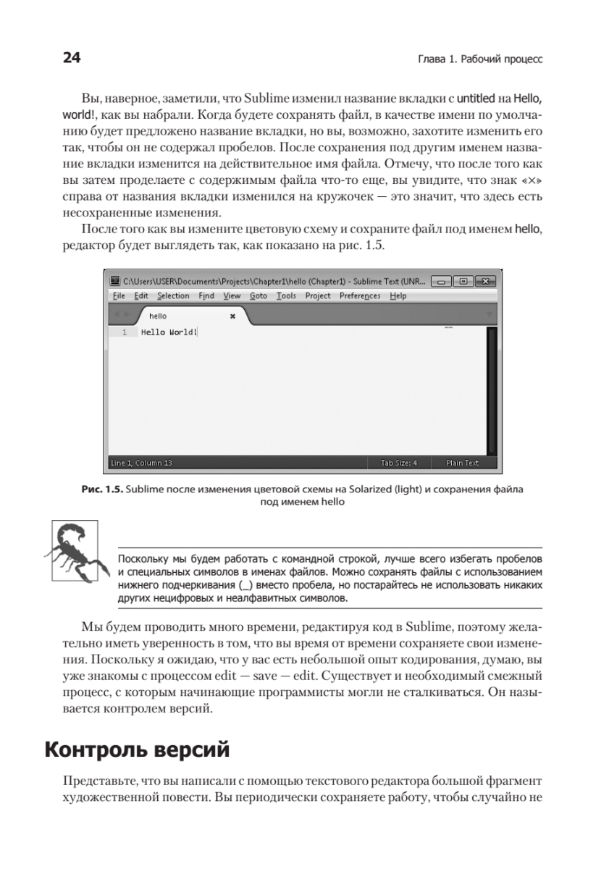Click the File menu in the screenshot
pyautogui.click(x=119, y=295)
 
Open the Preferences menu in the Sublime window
pyautogui.click(x=360, y=295)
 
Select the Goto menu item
pyautogui.click(x=259, y=295)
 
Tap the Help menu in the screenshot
pyautogui.click(x=398, y=295)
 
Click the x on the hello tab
pyautogui.click(x=232, y=316)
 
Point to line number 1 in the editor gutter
pyautogui.click(x=125, y=332)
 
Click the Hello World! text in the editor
pyautogui.click(x=169, y=332)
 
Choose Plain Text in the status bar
pyautogui.click(x=462, y=462)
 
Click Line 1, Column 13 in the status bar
pyautogui.click(x=141, y=462)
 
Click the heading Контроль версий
pyautogui.click(x=137, y=750)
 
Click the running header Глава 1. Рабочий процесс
pyautogui.click(x=475, y=59)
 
